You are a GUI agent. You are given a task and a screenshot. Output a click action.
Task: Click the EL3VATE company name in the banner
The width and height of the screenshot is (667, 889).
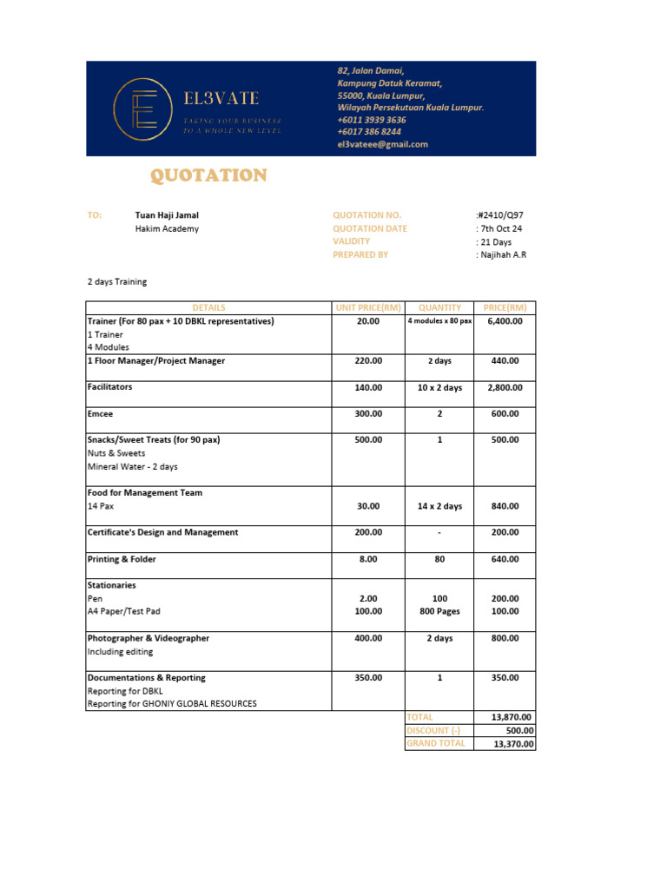click(x=221, y=99)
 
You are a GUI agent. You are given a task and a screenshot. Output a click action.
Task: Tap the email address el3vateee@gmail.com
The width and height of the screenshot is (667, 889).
click(x=382, y=145)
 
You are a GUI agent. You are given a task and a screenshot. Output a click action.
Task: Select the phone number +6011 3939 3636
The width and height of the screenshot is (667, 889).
click(x=371, y=120)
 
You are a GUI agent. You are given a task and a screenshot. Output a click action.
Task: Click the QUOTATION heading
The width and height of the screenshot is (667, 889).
click(x=208, y=176)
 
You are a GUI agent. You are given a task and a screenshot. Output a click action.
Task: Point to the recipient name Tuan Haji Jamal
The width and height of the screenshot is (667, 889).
click(x=173, y=215)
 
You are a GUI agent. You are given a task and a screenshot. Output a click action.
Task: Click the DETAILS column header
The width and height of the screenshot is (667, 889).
click(x=208, y=307)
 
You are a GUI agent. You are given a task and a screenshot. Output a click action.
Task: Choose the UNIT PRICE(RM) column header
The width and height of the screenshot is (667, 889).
click(x=368, y=307)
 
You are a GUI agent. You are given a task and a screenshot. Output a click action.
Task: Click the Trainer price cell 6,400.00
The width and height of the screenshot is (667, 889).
click(x=504, y=321)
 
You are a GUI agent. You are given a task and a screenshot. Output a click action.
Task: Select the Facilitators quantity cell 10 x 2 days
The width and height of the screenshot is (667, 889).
click(x=439, y=388)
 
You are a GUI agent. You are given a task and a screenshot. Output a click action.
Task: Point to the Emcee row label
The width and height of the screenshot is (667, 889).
click(x=101, y=414)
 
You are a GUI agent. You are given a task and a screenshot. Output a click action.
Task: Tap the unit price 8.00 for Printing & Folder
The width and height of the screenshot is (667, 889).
click(x=368, y=560)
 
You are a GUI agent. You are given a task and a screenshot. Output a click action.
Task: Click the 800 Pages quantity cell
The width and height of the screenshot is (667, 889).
click(x=439, y=611)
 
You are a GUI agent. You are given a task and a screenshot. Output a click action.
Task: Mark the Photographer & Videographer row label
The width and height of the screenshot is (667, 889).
click(x=148, y=638)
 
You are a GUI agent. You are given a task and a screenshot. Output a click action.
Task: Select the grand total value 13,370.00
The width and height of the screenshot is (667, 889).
click(x=513, y=744)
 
